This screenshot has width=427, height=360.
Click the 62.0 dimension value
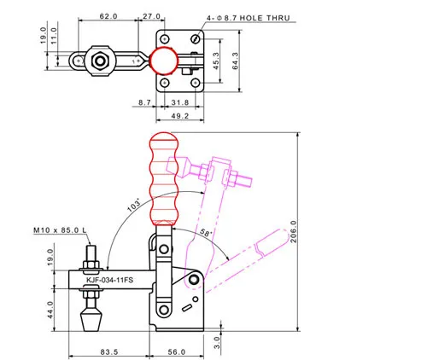(108, 16)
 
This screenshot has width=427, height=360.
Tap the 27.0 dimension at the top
(151, 16)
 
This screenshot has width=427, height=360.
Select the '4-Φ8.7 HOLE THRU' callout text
(248, 18)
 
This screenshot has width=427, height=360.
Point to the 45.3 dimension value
(216, 61)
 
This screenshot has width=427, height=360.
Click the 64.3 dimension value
(236, 61)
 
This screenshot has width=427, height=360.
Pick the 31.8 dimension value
(180, 102)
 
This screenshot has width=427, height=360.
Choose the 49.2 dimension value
(180, 116)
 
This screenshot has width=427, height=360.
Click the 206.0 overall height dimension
(293, 231)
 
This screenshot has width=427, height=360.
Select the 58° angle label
(206, 233)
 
